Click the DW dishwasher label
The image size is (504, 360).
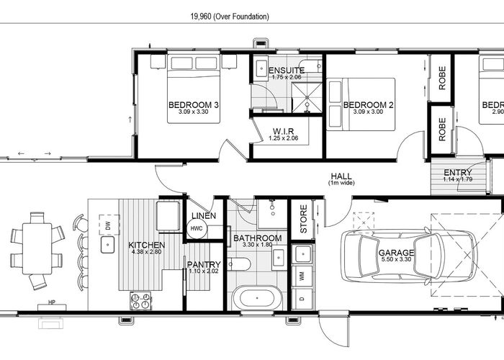[x=108, y=225]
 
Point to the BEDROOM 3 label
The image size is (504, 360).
[x=194, y=105]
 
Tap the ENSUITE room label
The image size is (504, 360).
[x=287, y=70]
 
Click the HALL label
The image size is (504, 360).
[x=341, y=175]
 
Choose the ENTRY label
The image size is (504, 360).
[x=458, y=172]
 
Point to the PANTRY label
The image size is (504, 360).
[x=204, y=265]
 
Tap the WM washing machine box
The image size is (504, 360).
[x=302, y=276]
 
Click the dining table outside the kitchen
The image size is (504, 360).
[x=36, y=248]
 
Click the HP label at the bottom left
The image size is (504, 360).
[x=51, y=302]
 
